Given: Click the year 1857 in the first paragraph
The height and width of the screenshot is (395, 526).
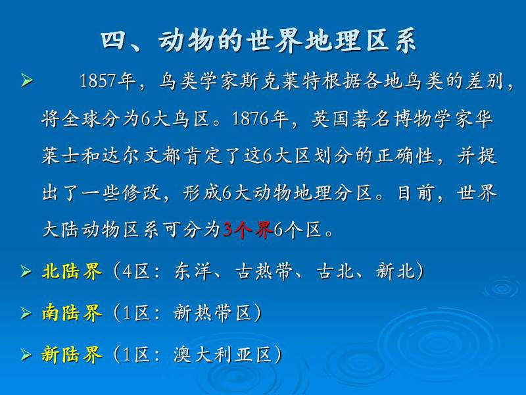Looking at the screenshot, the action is point(97,81).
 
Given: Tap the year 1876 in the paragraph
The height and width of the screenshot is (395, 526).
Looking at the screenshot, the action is point(250,118).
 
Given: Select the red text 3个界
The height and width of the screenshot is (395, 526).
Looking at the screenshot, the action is point(248,230).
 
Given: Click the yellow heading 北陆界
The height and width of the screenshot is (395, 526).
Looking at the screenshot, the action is point(72,271).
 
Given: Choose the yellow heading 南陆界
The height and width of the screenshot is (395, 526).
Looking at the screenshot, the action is point(72,313).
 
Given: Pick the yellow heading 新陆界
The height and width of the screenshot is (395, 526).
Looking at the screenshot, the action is point(72,355).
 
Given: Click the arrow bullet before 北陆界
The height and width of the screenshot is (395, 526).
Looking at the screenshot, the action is point(26,271).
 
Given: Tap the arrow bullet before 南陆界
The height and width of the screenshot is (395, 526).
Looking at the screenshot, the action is point(26,313).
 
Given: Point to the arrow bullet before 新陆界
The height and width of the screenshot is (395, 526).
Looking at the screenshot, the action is point(26,355).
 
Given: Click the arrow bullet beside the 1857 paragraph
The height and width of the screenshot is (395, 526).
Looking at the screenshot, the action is point(27,81).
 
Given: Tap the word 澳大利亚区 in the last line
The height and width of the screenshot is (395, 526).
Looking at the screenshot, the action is point(223,355).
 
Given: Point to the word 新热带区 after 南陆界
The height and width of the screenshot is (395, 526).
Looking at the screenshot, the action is point(212,313).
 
